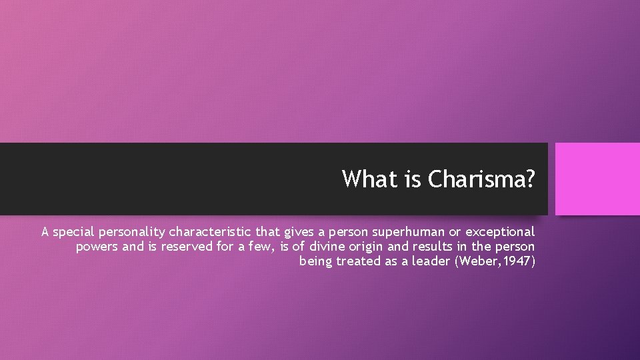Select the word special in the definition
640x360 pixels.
pyautogui.click(x=75, y=232)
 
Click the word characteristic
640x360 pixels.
pyautogui.click(x=210, y=232)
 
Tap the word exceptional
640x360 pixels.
pyautogui.click(x=499, y=232)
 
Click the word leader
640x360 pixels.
pyautogui.click(x=431, y=261)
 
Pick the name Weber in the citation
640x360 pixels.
pyautogui.click(x=475, y=261)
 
